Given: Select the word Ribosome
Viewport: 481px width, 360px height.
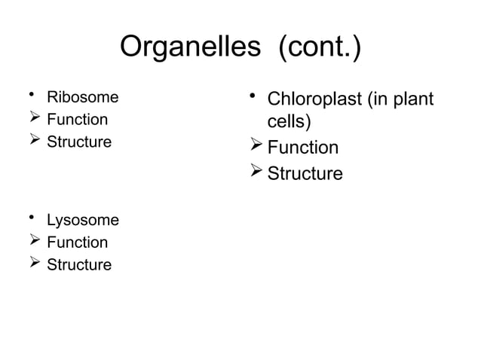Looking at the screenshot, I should click(83, 97).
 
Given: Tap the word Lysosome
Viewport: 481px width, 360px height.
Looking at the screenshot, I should click(83, 221).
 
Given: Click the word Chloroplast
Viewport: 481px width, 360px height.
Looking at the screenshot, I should click(315, 99).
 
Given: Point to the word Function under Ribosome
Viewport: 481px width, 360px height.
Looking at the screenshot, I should click(77, 119).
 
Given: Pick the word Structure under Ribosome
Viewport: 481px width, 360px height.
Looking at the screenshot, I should click(79, 142).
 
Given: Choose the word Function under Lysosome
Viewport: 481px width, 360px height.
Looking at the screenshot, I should click(77, 243).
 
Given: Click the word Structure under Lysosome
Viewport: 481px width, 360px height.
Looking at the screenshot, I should click(79, 265).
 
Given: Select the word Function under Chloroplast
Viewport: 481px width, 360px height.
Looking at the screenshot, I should click(304, 148).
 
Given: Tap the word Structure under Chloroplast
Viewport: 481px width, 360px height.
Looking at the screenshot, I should click(306, 174).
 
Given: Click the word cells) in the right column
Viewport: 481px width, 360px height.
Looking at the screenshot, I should click(290, 123).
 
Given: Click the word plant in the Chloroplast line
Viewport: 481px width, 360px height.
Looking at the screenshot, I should click(415, 99).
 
